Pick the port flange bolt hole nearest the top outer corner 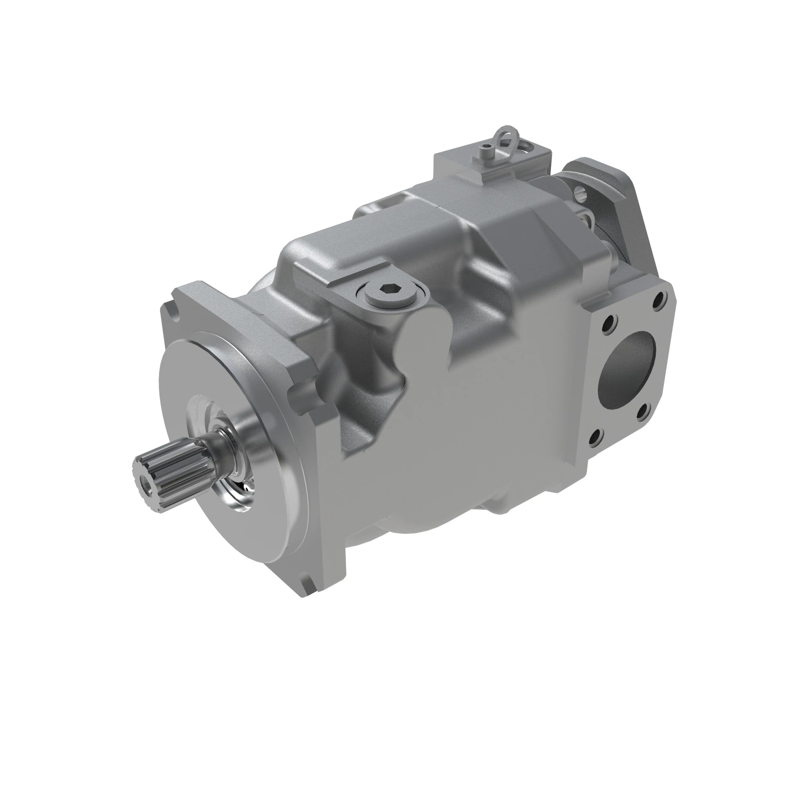pos(659,298)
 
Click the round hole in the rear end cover pos(580,192)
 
